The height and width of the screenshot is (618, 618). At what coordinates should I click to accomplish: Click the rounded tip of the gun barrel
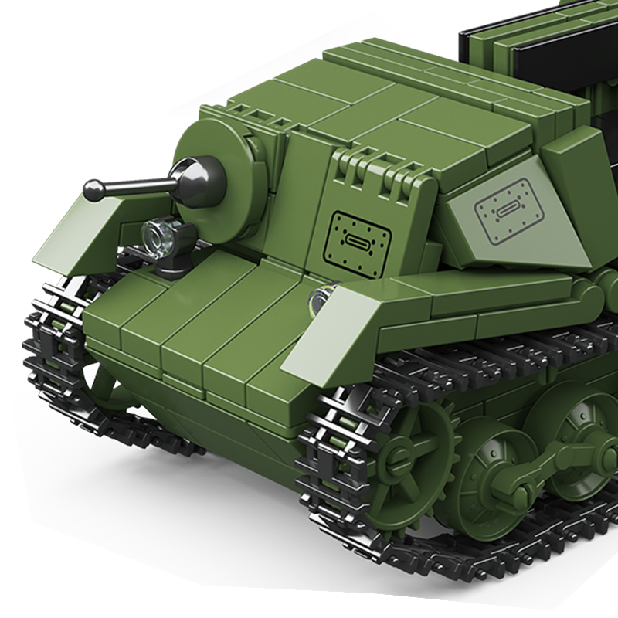93,188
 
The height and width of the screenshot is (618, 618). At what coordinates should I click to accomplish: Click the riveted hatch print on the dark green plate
358,239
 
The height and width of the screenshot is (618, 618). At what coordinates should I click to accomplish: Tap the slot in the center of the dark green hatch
358,240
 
